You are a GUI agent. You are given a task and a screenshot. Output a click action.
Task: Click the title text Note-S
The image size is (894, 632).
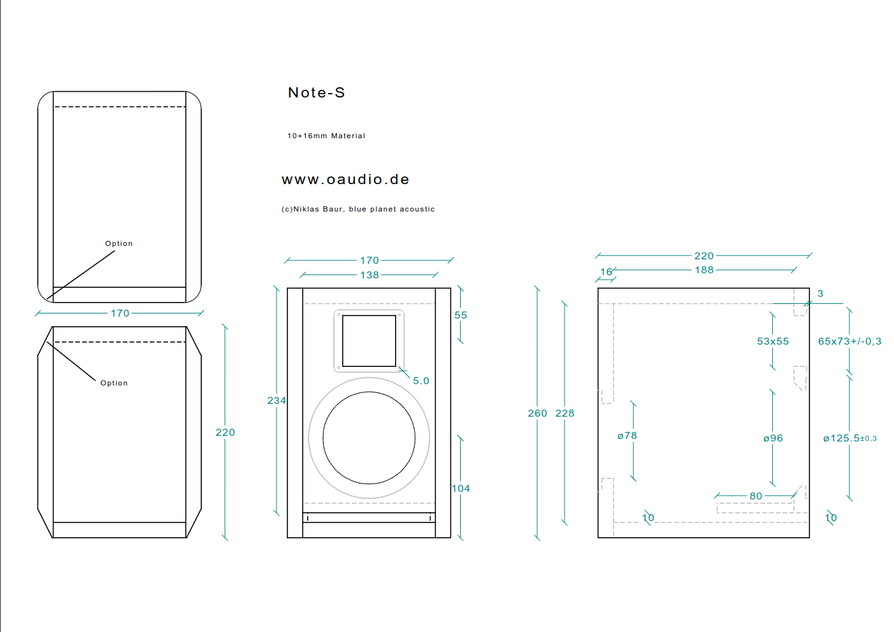point(316,93)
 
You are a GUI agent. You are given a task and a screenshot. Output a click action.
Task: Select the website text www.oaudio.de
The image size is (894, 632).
point(345,180)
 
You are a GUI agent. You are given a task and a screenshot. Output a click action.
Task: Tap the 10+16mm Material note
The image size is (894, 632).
point(326,136)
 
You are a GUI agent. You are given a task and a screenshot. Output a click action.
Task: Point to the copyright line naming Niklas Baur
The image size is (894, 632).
point(358,209)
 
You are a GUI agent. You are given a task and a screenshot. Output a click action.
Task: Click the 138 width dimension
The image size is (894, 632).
point(370,275)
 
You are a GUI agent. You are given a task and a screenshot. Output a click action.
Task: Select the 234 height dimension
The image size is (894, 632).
point(277,401)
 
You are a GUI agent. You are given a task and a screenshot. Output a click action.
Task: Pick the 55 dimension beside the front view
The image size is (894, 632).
point(461,315)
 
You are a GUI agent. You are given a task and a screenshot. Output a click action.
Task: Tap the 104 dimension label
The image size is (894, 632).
point(461,489)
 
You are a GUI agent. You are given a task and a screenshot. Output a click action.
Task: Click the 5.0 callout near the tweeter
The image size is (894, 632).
point(421,381)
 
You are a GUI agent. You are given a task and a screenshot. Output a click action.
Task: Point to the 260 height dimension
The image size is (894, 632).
point(537,413)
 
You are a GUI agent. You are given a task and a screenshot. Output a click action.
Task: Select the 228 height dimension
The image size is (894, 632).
point(565,413)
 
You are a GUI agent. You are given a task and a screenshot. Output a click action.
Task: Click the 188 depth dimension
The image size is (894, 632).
point(704,270)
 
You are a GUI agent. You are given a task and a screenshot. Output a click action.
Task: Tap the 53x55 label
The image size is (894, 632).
point(773,341)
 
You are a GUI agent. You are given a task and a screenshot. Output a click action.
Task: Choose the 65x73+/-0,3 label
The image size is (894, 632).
point(849,341)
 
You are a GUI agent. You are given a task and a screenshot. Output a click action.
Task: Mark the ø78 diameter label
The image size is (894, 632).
point(627,436)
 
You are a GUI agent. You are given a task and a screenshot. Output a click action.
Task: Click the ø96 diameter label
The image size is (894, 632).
point(773,438)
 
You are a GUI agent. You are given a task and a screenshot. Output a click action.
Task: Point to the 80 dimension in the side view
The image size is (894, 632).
point(756,496)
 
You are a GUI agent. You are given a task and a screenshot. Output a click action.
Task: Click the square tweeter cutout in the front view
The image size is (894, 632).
point(369,341)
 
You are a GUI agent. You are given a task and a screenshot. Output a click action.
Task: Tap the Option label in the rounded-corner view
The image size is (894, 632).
point(119,243)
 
